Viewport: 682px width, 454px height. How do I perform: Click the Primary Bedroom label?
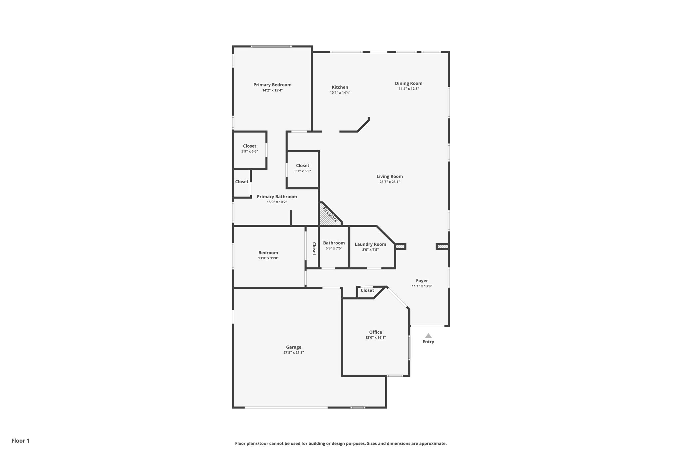272,85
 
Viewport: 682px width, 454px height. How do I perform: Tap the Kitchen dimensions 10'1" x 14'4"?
340,93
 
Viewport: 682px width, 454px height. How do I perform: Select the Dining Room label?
408,83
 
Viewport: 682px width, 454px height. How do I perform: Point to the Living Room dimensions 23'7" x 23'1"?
389,182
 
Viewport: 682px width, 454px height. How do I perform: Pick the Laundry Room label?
370,244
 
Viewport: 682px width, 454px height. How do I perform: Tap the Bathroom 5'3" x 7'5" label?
334,245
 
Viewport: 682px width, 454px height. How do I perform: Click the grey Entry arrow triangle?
428,336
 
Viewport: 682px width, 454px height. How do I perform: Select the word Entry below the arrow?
428,342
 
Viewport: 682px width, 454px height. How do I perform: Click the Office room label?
375,332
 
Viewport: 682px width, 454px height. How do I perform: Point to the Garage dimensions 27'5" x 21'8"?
293,353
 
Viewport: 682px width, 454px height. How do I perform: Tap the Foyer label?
422,281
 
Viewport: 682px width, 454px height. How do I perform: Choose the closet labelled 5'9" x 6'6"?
249,149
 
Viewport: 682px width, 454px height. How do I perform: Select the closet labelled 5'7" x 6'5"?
302,168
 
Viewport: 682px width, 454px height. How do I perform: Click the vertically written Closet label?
314,248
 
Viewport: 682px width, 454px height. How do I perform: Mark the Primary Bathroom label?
276,197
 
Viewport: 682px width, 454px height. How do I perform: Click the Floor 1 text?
20,441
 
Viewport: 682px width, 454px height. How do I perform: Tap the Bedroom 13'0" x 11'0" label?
268,255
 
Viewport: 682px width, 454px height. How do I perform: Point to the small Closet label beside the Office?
367,291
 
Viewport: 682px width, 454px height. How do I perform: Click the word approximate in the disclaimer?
432,443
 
